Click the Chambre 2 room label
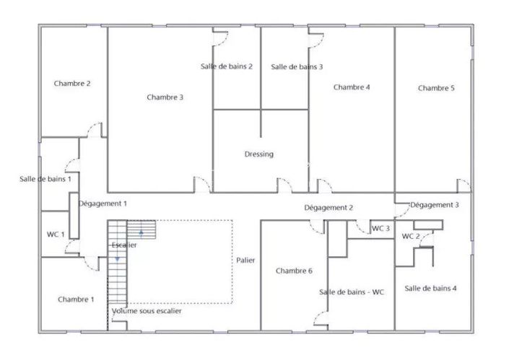click(72, 84)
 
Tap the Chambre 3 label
click(165, 97)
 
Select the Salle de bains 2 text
click(226, 66)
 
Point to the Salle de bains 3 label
click(297, 67)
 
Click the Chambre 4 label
click(352, 87)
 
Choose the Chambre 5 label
click(436, 88)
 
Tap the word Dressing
click(259, 154)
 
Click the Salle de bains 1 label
click(45, 179)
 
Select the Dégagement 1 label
click(103, 204)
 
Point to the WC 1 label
click(56, 234)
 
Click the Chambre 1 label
click(76, 299)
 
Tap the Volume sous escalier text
click(147, 312)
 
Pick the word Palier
click(246, 260)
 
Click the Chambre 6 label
click(294, 271)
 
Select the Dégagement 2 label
click(329, 208)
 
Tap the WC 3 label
click(381, 229)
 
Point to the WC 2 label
click(411, 236)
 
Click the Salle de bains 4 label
click(431, 289)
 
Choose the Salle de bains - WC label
click(352, 292)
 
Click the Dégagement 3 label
click(435, 205)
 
